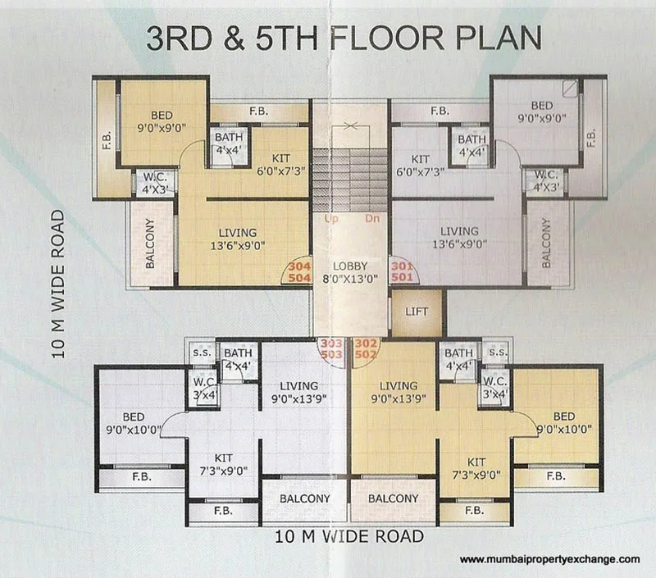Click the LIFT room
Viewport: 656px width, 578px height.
(417, 312)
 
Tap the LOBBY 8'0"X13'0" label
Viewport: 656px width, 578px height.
(350, 272)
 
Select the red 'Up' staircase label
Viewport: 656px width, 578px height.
(331, 219)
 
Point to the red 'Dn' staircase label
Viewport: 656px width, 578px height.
(372, 218)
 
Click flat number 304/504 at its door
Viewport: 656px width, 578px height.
(300, 272)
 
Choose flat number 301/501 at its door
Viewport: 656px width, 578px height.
(402, 271)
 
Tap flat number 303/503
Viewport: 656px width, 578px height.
(331, 348)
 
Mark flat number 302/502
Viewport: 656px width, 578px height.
(366, 348)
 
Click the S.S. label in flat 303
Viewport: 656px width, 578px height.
(202, 353)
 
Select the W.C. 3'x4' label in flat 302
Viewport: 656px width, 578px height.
(495, 388)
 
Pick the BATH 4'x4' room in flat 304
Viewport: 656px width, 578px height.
(229, 145)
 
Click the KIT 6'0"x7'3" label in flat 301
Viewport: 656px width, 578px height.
(421, 166)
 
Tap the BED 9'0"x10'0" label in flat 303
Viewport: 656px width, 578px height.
(134, 423)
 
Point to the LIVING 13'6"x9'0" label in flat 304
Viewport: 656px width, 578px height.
(238, 239)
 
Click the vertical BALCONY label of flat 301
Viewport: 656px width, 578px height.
(546, 243)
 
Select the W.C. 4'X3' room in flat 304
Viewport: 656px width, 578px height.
(155, 183)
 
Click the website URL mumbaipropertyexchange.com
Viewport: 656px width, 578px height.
(549, 560)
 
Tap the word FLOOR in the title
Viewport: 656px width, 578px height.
(387, 38)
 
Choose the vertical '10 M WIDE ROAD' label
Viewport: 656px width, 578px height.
(58, 284)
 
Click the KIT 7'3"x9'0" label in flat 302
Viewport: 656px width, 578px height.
(476, 468)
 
